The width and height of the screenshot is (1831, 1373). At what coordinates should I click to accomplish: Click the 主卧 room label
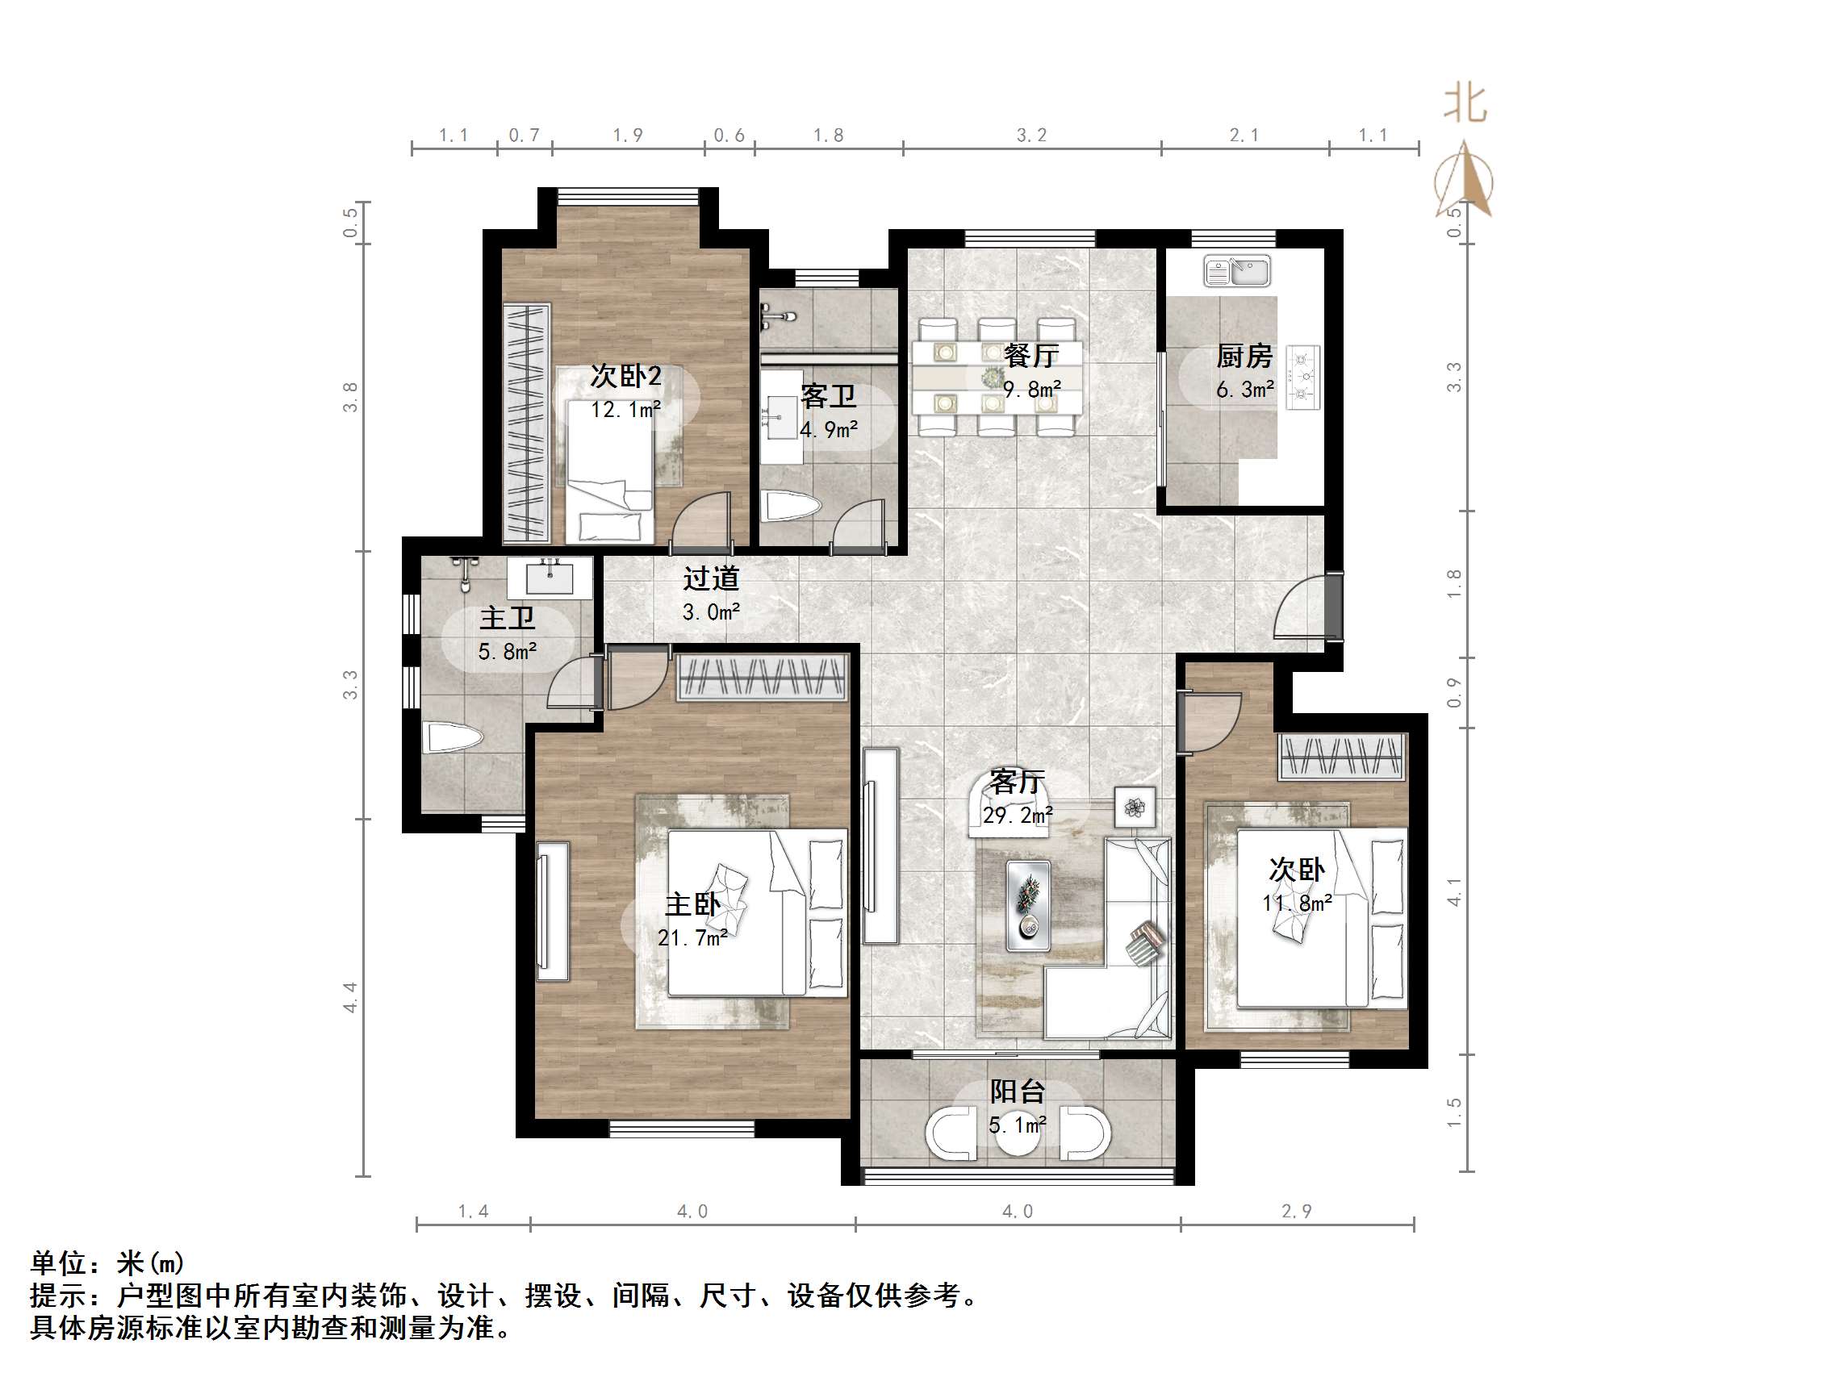[x=692, y=904]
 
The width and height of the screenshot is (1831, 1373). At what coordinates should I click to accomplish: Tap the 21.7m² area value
[x=692, y=937]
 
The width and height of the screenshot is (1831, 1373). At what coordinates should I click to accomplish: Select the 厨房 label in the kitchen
[x=1244, y=356]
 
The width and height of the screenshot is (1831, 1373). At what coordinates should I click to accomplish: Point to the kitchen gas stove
[x=1303, y=378]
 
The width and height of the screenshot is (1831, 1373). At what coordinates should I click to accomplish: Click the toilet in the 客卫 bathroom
[x=791, y=507]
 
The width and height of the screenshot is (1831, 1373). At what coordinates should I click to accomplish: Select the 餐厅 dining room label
[x=1030, y=356]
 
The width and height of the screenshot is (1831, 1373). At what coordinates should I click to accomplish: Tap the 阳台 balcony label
[x=1018, y=1091]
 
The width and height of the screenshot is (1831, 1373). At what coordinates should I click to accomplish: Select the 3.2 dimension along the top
[x=1031, y=135]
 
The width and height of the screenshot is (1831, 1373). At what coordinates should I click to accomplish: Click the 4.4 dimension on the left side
[x=350, y=997]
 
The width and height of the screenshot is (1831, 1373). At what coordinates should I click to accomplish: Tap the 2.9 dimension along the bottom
[x=1296, y=1212]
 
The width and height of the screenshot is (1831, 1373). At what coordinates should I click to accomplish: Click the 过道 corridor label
[x=710, y=578]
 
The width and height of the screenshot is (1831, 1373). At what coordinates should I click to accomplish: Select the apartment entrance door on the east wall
[x=1331, y=606]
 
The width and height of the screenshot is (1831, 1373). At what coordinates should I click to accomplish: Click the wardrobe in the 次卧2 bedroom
[x=526, y=423]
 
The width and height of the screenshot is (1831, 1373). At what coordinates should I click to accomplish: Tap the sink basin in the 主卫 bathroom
[x=550, y=578]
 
